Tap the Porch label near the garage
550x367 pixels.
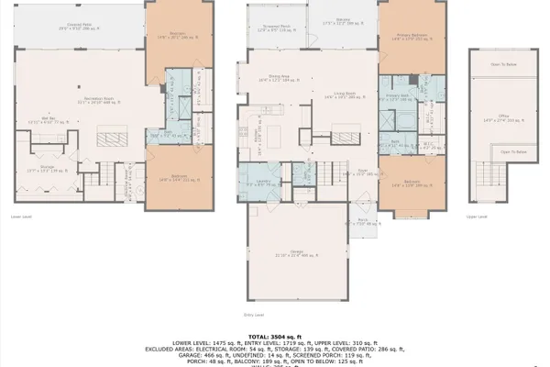pos(363,221)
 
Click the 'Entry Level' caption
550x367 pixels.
pos(254,315)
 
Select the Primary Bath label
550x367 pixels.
pos(396,96)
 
